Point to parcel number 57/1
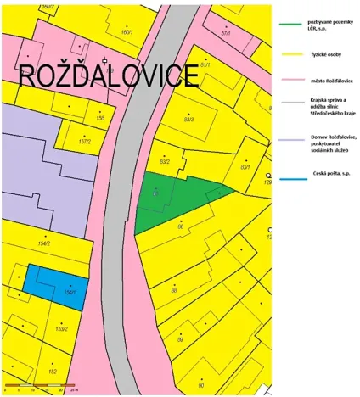coord(226,33)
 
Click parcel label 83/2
coord(165,160)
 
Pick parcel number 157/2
coord(84,142)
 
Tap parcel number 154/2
coord(44,243)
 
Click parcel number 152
coord(52,371)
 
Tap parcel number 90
coord(200,384)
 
